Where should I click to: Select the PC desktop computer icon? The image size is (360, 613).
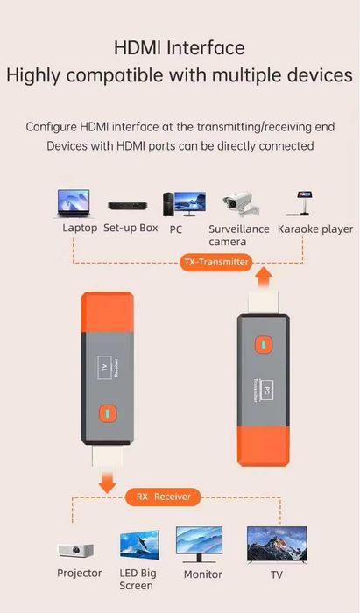(x=183, y=204)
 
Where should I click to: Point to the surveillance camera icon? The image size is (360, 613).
(x=240, y=202)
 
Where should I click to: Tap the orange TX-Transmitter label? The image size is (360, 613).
(x=216, y=262)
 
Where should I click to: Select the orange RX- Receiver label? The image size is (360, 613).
(x=162, y=497)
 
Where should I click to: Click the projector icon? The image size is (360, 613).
(x=77, y=550)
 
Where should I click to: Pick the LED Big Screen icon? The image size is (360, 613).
(x=139, y=545)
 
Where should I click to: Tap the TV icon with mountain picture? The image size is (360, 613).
(x=276, y=545)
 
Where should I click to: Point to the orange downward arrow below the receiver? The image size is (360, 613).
(x=107, y=481)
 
